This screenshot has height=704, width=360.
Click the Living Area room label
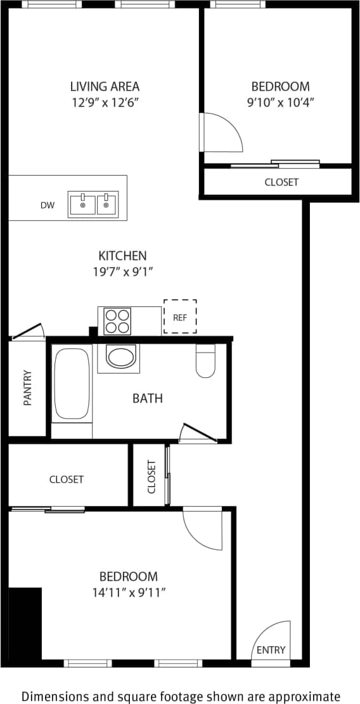pos(105,86)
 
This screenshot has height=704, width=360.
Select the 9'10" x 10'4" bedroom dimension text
pos(281,101)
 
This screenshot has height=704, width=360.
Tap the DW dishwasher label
pos(48,205)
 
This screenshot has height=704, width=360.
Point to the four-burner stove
pos(117,320)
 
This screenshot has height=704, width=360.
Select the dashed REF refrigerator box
pos(180,316)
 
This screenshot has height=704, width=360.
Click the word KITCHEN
pos(122,256)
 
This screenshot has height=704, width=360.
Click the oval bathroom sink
pos(120,357)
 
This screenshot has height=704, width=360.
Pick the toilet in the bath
pos(205,362)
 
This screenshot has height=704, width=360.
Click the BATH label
pos(148,398)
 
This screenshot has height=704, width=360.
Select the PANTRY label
pos(27,388)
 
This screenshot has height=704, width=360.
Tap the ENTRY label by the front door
pos(271,650)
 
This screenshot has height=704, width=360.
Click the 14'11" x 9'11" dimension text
pos(128,592)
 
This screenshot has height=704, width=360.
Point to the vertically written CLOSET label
pos(151,476)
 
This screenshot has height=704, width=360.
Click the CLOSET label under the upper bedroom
pos(281,182)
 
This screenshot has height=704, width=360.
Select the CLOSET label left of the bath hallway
pos(67,479)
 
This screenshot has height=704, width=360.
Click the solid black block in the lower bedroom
pos(25,624)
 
